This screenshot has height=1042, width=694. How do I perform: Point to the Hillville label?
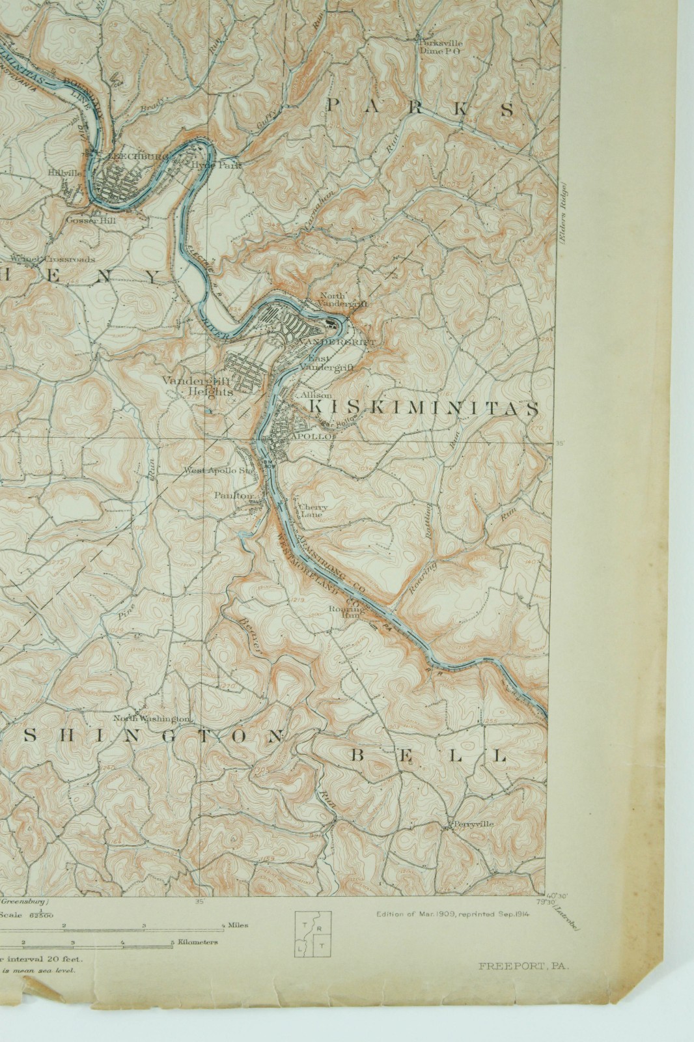click(65, 173)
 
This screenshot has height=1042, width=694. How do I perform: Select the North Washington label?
click(152, 718)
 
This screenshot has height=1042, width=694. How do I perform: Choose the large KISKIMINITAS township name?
click(424, 408)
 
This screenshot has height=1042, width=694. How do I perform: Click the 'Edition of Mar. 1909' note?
click(453, 914)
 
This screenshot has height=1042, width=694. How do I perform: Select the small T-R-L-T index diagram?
click(313, 933)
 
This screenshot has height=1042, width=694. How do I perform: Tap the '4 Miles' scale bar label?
click(234, 925)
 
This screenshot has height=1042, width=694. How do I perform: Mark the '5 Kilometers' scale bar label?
click(195, 942)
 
